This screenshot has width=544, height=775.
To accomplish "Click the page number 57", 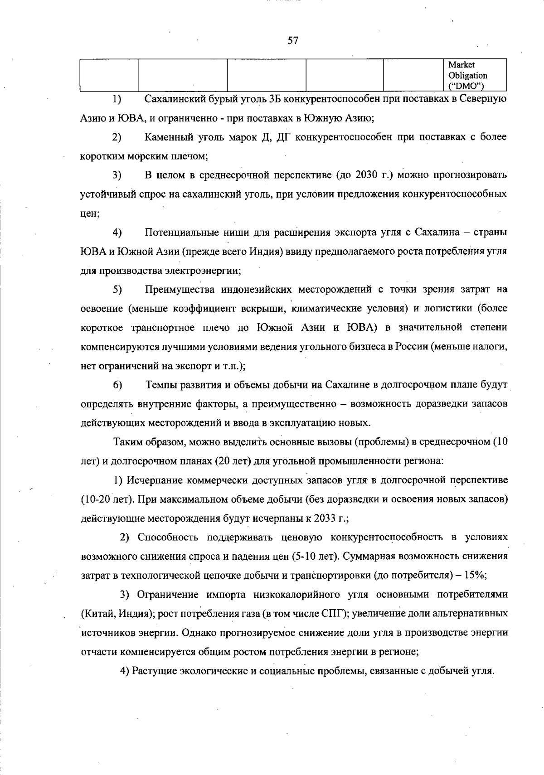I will point(293,41).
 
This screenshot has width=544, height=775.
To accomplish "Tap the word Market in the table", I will point(461,65).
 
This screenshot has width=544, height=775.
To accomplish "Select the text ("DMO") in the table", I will point(465,86).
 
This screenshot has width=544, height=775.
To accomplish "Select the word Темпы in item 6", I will point(159,385).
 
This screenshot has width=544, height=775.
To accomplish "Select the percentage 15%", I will point(474,575).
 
